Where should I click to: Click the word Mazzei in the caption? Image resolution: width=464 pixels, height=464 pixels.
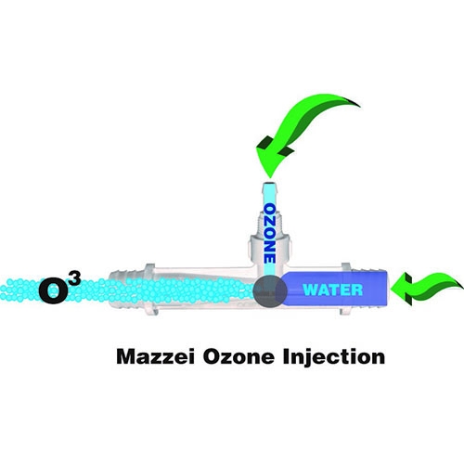[x=156, y=356]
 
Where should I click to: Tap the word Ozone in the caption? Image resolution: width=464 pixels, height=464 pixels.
[x=238, y=356]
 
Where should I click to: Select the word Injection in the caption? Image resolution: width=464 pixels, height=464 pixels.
[x=334, y=358]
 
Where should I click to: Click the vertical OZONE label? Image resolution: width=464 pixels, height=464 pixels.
[x=269, y=233]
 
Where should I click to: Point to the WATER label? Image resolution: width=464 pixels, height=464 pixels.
[x=333, y=290]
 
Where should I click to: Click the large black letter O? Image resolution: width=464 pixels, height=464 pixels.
[x=53, y=291]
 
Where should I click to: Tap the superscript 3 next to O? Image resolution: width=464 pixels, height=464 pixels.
[x=75, y=278]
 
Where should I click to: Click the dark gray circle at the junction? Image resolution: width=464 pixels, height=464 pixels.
[x=270, y=290]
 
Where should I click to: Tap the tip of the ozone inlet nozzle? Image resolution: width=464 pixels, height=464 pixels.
[x=269, y=184]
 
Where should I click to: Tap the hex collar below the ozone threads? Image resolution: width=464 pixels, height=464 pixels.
[x=269, y=248]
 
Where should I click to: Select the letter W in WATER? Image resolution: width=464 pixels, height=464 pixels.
[x=310, y=290]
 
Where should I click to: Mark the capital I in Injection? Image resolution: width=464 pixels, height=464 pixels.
[x=286, y=356]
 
